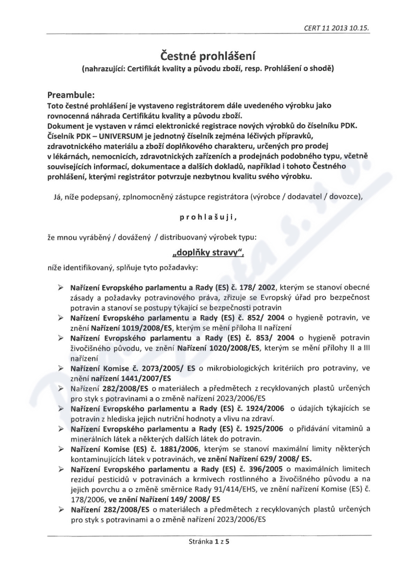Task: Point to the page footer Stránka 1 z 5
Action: pos(208,542)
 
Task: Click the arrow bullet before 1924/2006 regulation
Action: pos(61,408)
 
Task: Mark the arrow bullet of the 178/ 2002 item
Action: pos(61,287)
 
